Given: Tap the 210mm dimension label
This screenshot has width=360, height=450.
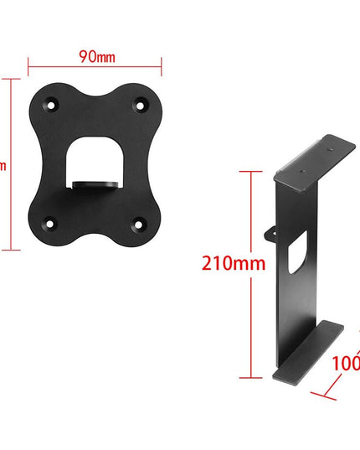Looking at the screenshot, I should (x=233, y=262).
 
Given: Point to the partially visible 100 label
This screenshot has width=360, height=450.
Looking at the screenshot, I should (x=344, y=364).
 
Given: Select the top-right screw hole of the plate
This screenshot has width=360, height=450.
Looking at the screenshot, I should (x=140, y=106).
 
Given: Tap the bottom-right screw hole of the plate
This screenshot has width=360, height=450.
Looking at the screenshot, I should (x=140, y=224).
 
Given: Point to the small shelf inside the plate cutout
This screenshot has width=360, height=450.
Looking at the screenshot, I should (x=95, y=183).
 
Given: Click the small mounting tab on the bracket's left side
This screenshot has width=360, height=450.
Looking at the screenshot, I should (x=271, y=230).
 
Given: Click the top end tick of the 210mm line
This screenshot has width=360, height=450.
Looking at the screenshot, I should (x=249, y=172).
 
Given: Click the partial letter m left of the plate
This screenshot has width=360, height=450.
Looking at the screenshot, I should (x=3, y=165).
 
